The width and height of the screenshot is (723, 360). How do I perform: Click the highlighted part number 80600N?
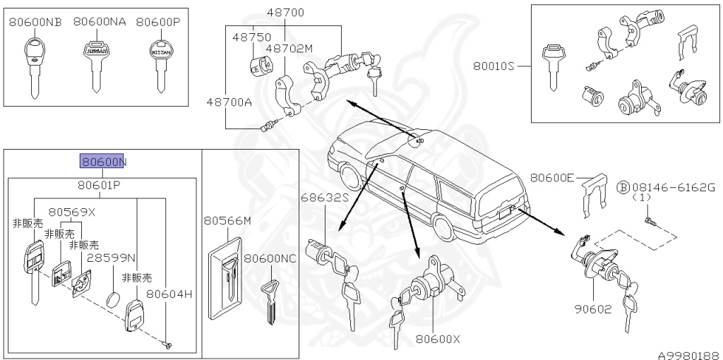pos(103,162)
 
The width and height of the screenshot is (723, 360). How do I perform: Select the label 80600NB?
pos(35,22)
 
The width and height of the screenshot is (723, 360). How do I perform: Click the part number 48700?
pos(285,13)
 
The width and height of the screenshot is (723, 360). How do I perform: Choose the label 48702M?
pos(289,49)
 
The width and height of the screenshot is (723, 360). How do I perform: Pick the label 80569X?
pos(71,211)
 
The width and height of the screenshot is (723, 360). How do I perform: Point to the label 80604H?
pos(169,293)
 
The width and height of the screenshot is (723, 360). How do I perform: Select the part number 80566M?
pos(227,221)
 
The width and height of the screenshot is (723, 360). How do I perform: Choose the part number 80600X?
pos(438,339)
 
